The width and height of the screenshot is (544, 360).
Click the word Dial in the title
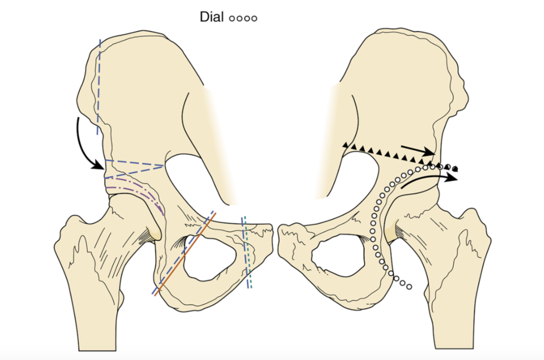pos(212,17)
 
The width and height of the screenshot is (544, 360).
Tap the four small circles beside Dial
pos(243,18)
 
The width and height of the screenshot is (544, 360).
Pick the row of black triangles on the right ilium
pos(387,155)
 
